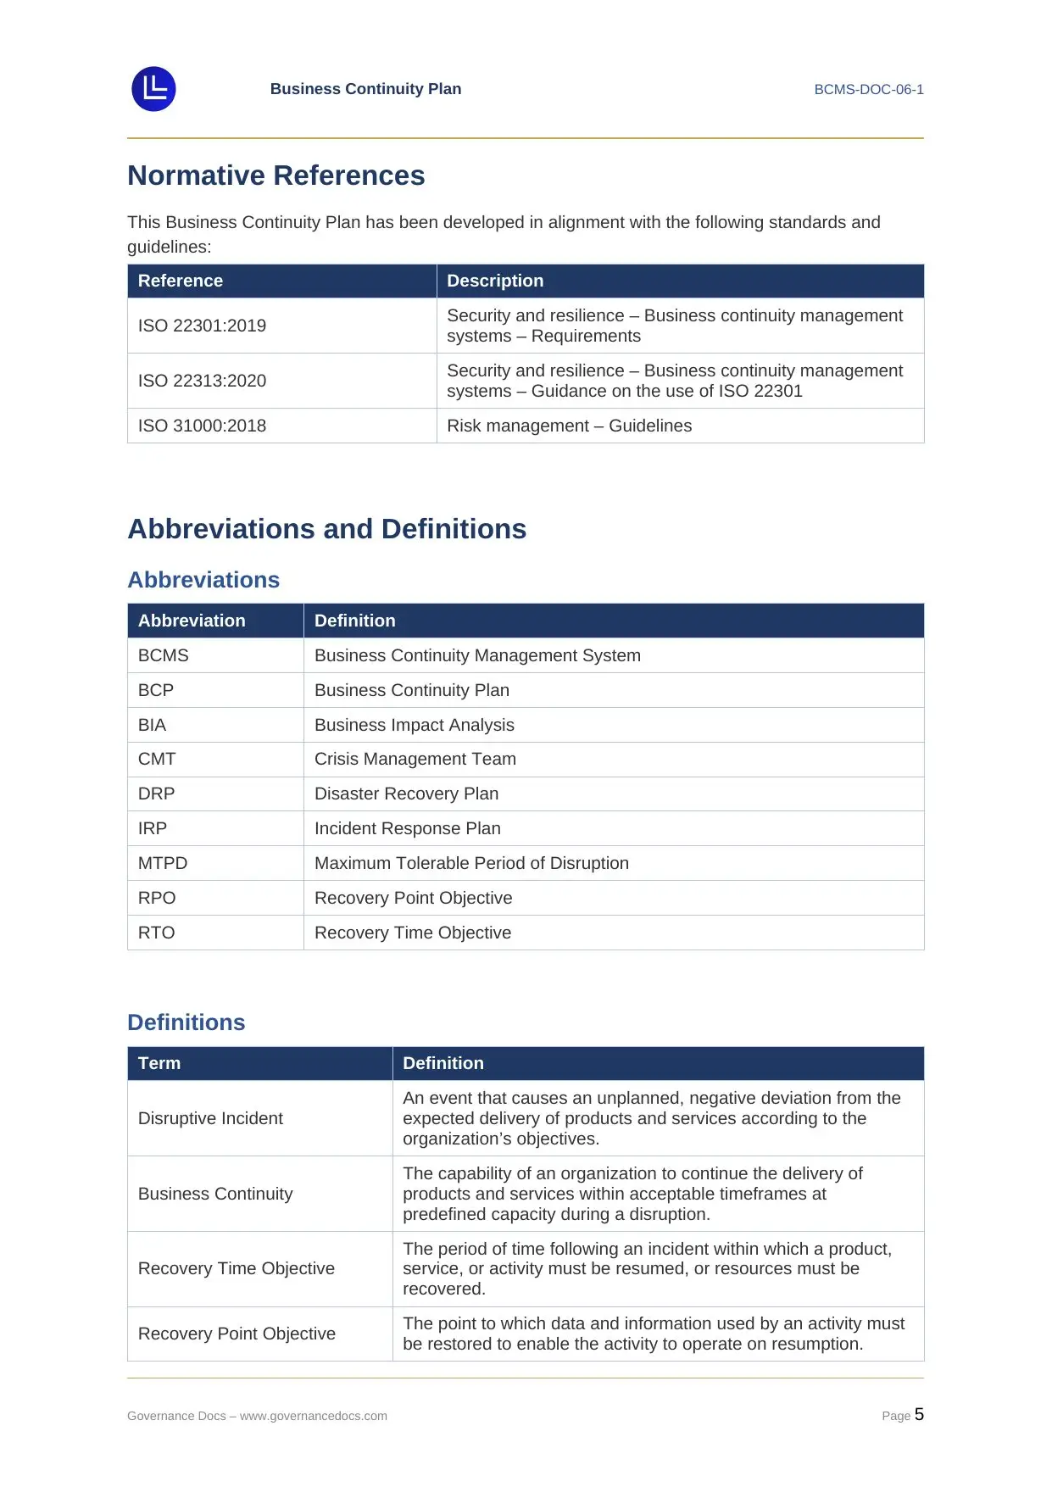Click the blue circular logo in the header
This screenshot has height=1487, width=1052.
click(x=153, y=89)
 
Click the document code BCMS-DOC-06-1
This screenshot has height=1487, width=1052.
click(x=868, y=89)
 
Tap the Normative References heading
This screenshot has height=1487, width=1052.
click(x=276, y=175)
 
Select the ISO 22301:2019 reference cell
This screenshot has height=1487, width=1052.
click(x=202, y=326)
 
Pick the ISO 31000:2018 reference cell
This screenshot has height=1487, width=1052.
click(x=202, y=426)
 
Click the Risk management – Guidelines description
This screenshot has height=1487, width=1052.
click(x=569, y=426)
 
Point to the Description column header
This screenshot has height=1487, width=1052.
click(x=495, y=281)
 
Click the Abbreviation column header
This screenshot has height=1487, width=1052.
click(x=192, y=621)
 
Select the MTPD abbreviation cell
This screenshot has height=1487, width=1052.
click(x=163, y=863)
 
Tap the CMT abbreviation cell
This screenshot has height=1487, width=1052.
click(x=157, y=759)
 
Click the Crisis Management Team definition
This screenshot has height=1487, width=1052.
click(x=415, y=759)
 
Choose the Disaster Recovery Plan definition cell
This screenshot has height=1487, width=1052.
click(x=406, y=794)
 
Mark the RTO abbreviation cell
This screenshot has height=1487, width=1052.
click(x=156, y=933)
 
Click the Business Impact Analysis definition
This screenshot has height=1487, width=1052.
click(x=414, y=725)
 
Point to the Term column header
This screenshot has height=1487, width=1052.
click(x=159, y=1063)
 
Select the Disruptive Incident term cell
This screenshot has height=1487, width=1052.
click(x=210, y=1118)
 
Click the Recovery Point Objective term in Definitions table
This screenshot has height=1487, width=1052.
click(x=237, y=1334)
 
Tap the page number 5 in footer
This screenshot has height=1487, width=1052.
click(x=919, y=1414)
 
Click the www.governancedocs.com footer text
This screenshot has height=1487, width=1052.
click(x=313, y=1416)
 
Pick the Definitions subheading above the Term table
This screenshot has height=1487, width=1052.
click(x=186, y=1022)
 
